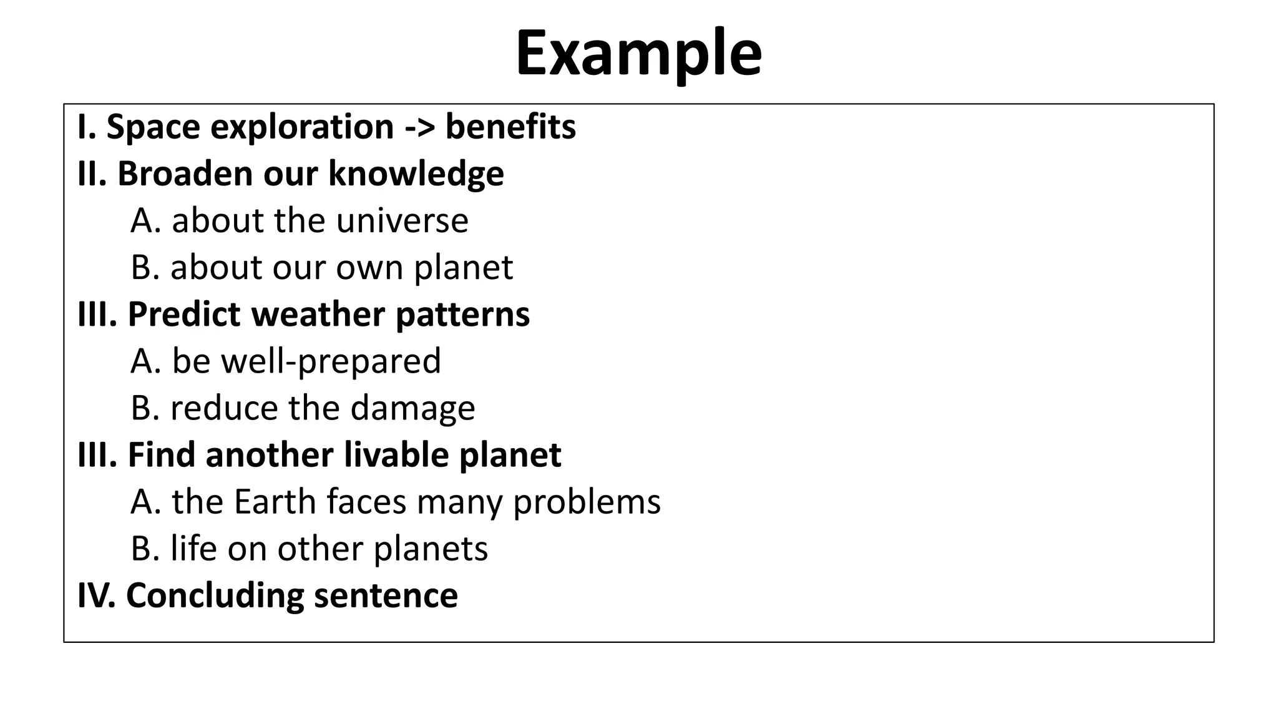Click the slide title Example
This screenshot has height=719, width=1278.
tap(638, 54)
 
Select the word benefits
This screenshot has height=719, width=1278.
tap(510, 127)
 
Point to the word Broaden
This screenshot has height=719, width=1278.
tap(185, 174)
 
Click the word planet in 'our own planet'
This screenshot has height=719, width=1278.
tap(463, 268)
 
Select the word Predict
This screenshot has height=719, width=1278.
tap(185, 314)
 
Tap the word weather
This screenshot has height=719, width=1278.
tap(318, 314)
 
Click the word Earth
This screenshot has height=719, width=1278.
tap(275, 502)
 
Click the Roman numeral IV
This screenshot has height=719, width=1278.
tap(95, 595)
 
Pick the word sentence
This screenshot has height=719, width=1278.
tap(386, 595)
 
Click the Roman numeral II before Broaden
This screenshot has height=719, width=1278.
tap(92, 174)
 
